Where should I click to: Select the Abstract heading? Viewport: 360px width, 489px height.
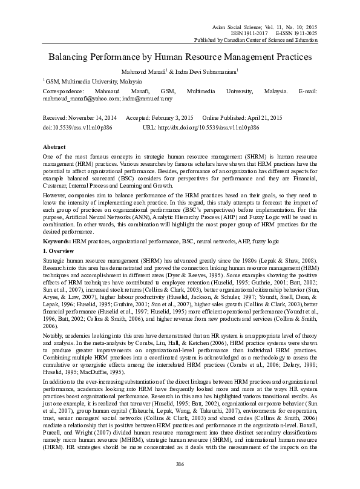[x=54, y=147]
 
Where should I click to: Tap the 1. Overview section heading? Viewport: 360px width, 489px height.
[x=61, y=267]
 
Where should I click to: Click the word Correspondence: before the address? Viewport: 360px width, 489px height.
[x=67, y=90]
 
